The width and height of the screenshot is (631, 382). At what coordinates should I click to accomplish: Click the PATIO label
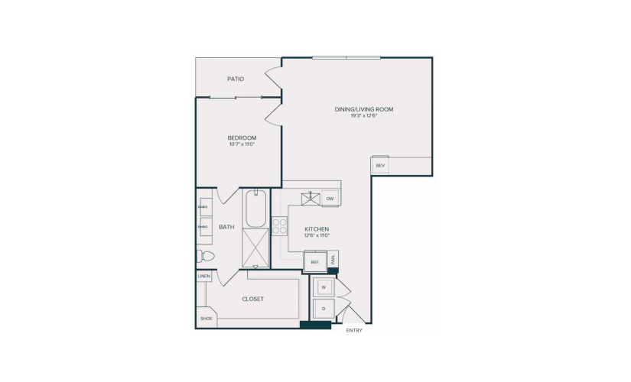click(x=236, y=79)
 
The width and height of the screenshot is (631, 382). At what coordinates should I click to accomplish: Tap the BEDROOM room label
click(x=242, y=138)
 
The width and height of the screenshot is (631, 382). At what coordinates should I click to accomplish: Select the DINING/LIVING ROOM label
click(x=364, y=109)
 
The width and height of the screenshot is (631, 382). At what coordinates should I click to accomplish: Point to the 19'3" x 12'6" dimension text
click(x=364, y=116)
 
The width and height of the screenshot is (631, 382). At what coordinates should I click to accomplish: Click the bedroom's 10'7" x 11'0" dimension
click(x=242, y=144)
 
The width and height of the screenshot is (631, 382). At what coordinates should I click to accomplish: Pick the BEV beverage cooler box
click(x=380, y=165)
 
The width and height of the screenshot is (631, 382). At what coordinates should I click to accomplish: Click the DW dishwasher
click(x=330, y=199)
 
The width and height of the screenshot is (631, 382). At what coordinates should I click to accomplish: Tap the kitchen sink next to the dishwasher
click(x=311, y=199)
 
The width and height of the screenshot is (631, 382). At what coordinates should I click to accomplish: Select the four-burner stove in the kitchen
click(x=279, y=226)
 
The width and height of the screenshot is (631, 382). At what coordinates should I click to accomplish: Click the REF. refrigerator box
click(x=315, y=261)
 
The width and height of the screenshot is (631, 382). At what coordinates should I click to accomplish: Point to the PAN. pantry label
click(x=333, y=259)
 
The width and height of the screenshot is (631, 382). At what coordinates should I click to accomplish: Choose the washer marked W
click(x=324, y=287)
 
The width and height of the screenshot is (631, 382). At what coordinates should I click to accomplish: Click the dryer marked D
click(x=324, y=309)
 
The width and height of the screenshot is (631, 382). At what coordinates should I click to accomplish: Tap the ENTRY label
click(x=354, y=331)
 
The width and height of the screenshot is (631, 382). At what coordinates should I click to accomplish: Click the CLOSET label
click(x=252, y=299)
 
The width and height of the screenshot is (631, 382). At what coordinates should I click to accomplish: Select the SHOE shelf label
click(x=206, y=319)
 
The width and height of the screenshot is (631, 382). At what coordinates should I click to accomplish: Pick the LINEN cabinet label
click(x=204, y=277)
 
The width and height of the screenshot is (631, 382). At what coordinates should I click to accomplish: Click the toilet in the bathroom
click(x=205, y=256)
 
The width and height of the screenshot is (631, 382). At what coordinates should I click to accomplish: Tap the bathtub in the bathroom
click(x=256, y=209)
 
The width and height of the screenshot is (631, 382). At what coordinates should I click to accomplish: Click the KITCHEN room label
click(x=317, y=228)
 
